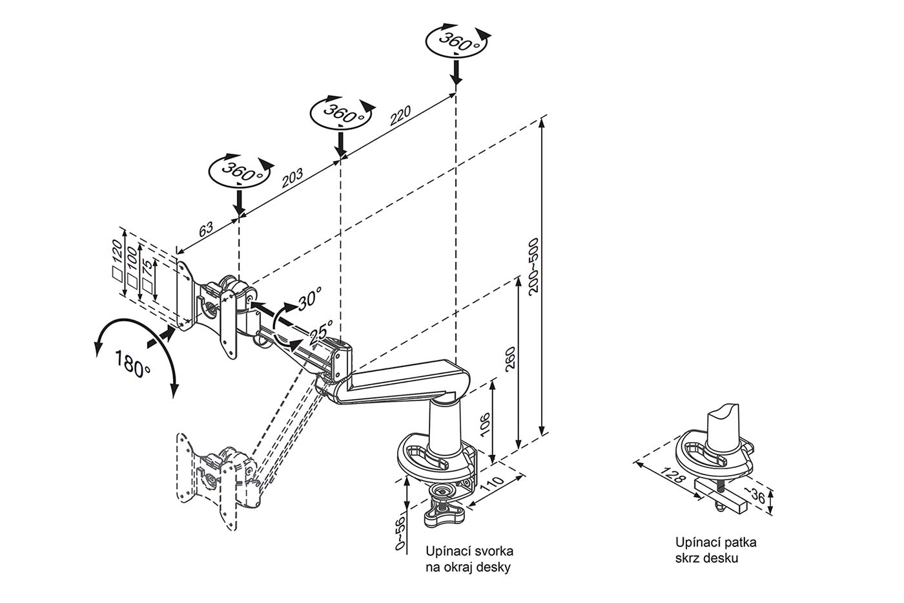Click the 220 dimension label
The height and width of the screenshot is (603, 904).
point(400,116)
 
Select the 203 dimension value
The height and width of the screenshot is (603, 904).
point(292,178)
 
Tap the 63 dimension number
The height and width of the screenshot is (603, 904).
point(206,229)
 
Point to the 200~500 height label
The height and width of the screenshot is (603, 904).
point(533,266)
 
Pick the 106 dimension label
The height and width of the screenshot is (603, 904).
point(485,424)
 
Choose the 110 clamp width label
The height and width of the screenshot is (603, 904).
point(493,485)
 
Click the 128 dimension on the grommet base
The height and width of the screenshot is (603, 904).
point(673,475)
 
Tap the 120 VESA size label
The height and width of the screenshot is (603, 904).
point(117,251)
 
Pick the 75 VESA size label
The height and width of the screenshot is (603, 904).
point(148,268)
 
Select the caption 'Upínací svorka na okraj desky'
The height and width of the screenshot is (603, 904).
point(469,559)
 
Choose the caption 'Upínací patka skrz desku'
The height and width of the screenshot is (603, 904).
point(716,550)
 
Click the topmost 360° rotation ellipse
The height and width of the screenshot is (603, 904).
point(456,41)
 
